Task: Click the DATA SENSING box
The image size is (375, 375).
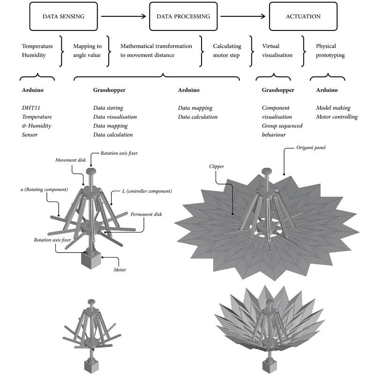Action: coord(63,16)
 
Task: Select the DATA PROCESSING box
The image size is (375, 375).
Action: coord(183,16)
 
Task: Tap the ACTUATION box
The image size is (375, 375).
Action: coord(303,16)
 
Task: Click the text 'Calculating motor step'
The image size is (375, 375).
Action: coord(227,51)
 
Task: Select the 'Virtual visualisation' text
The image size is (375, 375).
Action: coord(277,51)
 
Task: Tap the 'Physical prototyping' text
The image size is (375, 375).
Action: coord(330,51)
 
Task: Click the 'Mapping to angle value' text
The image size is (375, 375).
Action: coord(87,51)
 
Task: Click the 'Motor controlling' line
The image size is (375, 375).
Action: coord(337,117)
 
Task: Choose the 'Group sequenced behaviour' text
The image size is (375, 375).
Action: coord(282,130)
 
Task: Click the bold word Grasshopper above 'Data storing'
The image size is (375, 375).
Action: coord(110,90)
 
